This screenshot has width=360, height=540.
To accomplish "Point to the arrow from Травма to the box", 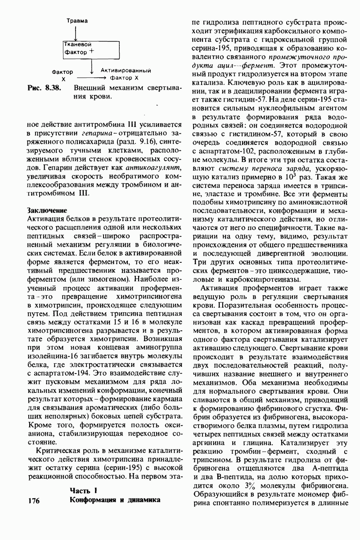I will pyautogui.click(x=76, y=32).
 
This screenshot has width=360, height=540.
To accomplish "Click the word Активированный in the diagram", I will pyautogui.click(x=126, y=71).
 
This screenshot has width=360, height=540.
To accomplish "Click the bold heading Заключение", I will pyautogui.click(x=47, y=210).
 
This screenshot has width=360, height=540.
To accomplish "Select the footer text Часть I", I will pyautogui.click(x=83, y=490).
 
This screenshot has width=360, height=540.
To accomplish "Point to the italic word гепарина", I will pyautogui.click(x=99, y=134).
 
